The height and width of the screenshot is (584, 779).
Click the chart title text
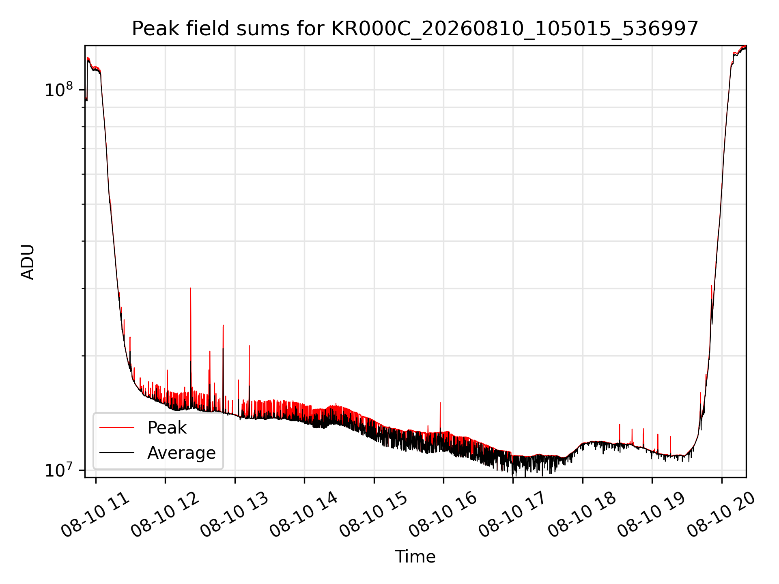point(415,29)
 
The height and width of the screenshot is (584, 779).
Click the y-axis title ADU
point(28,262)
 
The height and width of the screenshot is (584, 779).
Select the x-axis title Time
point(415,557)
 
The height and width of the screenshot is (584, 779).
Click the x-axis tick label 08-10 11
point(96,515)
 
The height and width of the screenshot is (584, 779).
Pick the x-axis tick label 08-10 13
point(235,515)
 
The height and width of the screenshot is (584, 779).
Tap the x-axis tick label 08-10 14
point(304,515)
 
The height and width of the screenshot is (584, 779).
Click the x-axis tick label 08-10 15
point(374,515)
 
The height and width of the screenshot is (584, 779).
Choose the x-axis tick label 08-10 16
point(443,515)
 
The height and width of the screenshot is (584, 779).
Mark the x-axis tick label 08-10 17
point(513,515)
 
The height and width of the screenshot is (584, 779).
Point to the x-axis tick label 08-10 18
point(583,515)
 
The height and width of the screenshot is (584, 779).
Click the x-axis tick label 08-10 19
point(652,515)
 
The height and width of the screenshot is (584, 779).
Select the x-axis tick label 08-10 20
point(722,515)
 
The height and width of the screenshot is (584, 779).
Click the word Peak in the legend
point(167,428)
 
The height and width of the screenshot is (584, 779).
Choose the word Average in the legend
point(181,453)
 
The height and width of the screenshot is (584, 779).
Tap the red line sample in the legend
point(117,427)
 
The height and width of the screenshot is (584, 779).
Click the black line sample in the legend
point(117,453)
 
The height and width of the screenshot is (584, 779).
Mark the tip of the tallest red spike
point(191,288)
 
